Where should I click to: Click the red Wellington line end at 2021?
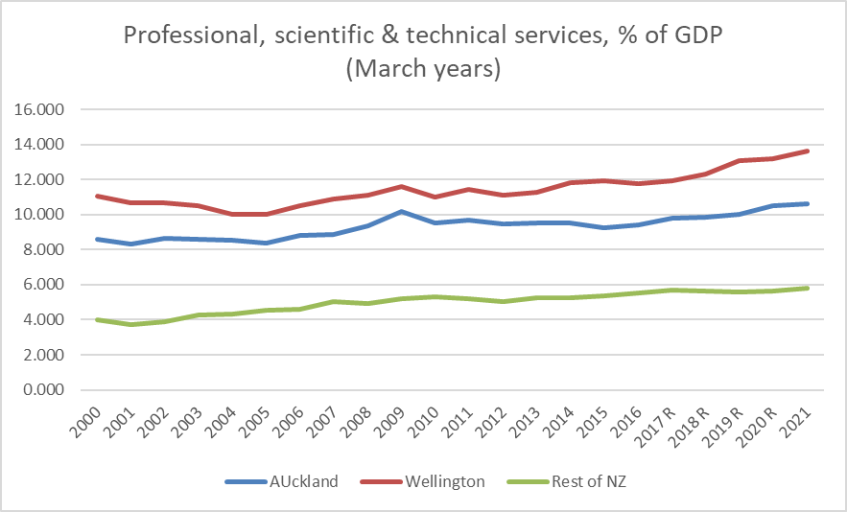coord(809,151)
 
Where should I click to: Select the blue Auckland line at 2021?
coord(809,203)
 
